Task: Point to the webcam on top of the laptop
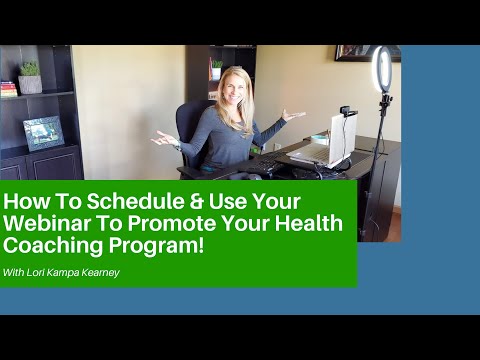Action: pyautogui.click(x=348, y=112)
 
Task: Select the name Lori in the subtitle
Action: pyautogui.click(x=32, y=270)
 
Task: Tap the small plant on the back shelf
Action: pyautogui.click(x=217, y=68)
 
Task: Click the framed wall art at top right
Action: pyautogui.click(x=367, y=51)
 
